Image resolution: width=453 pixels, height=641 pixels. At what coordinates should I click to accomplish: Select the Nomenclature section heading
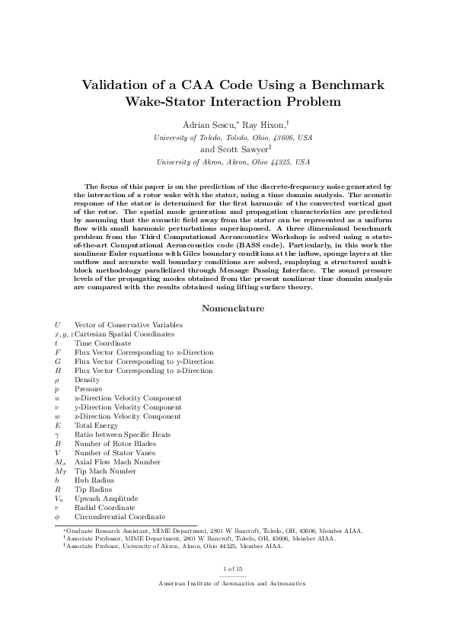[232, 308]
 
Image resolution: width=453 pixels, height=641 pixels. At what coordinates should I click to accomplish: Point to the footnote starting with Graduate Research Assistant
[213, 530]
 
